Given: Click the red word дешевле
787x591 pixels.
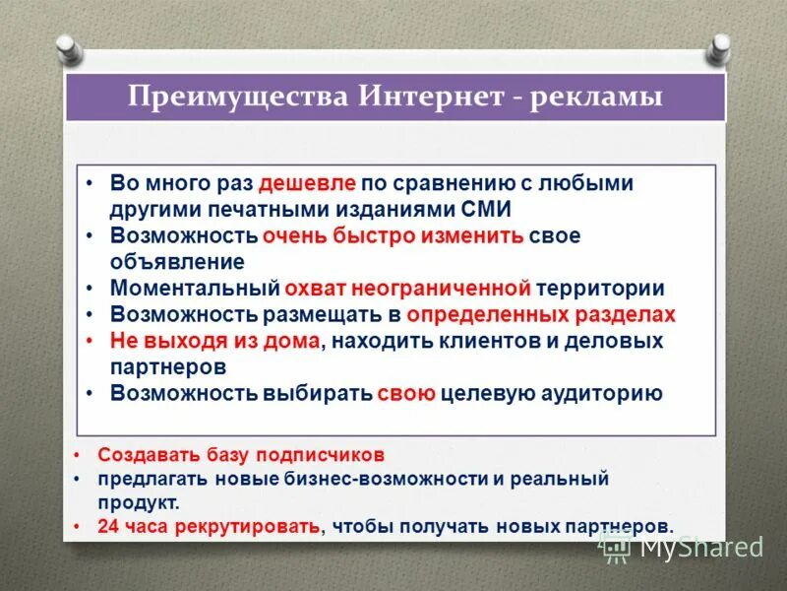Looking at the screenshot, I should coord(307,183).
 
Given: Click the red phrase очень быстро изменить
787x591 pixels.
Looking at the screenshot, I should coord(393,236).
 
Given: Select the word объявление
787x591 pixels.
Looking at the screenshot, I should coord(177,262).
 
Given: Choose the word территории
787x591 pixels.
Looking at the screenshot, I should coord(601,289).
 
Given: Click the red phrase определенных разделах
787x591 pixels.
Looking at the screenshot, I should coord(541,315).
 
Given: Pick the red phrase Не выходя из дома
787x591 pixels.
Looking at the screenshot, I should coord(215,341).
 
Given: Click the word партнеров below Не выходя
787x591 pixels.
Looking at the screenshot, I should coord(168,366).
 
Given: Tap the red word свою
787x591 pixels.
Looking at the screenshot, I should coord(405,393).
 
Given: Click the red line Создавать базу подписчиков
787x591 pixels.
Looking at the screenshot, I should coord(241,455).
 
